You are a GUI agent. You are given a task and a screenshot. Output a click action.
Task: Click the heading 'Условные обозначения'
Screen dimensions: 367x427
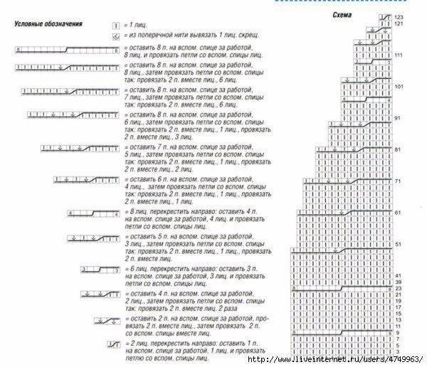click(x=48, y=23)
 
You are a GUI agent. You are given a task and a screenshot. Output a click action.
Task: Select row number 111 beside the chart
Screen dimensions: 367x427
click(x=398, y=55)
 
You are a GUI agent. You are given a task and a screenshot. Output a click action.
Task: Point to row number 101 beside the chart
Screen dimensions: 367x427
click(x=398, y=87)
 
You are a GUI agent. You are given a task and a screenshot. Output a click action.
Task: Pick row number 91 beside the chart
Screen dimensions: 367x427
click(x=398, y=118)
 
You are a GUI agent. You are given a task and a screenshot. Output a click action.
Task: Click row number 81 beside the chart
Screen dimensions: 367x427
click(x=398, y=149)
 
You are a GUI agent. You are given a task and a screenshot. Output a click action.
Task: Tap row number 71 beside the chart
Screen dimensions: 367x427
click(x=398, y=181)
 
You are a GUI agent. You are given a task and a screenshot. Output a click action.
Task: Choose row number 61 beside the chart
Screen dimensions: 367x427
click(x=398, y=213)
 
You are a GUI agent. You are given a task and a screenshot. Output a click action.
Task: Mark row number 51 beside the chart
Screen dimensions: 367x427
click(x=398, y=244)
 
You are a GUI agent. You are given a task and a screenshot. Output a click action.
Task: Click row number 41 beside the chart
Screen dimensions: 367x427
click(x=398, y=275)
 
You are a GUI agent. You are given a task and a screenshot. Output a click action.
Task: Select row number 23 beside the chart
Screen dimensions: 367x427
click(x=398, y=288)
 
